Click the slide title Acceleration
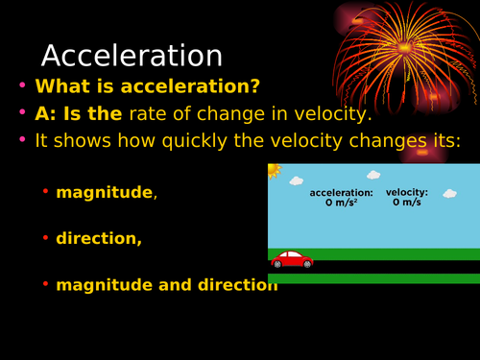[x=132, y=56]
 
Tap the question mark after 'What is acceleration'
[x=254, y=86]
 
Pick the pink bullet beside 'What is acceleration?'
[x=22, y=86]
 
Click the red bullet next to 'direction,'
[x=45, y=239]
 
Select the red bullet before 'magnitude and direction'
[x=45, y=285]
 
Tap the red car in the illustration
[x=292, y=259]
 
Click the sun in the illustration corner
[x=273, y=170]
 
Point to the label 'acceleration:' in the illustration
[x=341, y=192]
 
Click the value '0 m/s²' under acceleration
[x=341, y=203]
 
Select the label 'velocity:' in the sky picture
[x=406, y=192]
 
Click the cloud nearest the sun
[x=297, y=180]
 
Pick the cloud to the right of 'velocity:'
[x=448, y=193]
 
